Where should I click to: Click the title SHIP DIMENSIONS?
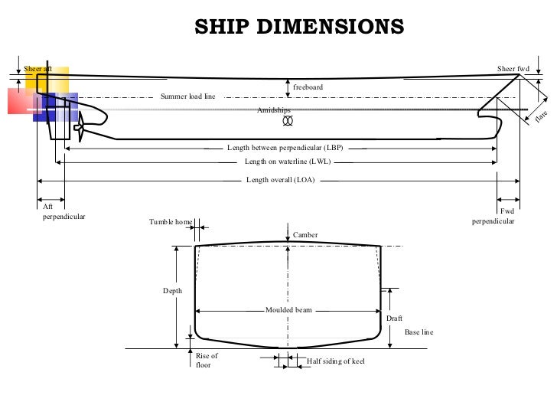[x=298, y=27]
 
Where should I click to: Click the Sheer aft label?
[x=37, y=69]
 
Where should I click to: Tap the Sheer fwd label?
[x=513, y=69]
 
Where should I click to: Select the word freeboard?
[x=308, y=87]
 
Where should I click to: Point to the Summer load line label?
[x=187, y=97]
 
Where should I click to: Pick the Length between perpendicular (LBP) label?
[x=285, y=147]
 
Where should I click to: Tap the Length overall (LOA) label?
[x=280, y=180]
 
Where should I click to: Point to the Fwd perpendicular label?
[x=493, y=216]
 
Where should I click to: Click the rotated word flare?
[x=542, y=116]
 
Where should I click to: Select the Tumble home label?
[x=171, y=223]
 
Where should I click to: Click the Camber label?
[x=305, y=234]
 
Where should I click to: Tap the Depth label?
[x=172, y=291]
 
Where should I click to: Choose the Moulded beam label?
[x=288, y=311]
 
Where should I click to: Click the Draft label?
[x=394, y=318]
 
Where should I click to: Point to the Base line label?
[x=419, y=332]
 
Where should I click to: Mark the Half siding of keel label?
[x=335, y=360]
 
